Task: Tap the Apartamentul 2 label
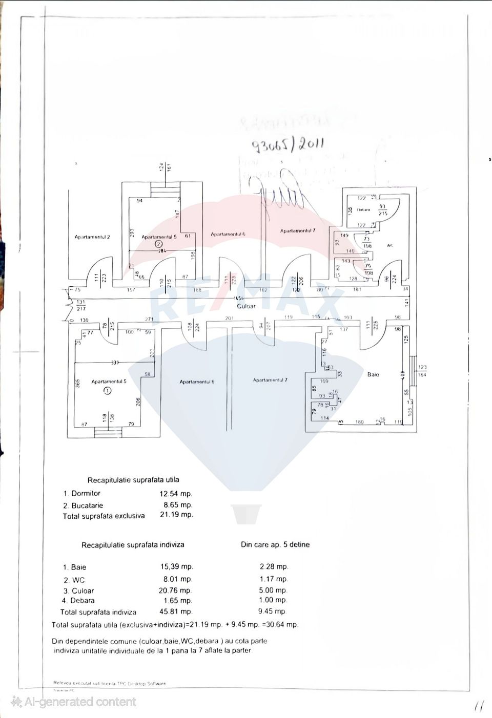pos(92,237)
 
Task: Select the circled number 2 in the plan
pos(159,245)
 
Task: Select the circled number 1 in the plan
pos(107,390)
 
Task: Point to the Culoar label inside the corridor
pos(246,306)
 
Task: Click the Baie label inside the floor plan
pos(373,375)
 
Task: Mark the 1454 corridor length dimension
pos(238,299)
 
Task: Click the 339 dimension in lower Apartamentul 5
pos(115,363)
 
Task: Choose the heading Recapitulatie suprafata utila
pos(133,480)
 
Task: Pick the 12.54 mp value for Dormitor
pos(176,494)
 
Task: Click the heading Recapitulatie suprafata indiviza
pos(133,545)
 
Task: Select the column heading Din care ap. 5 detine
pos(275,544)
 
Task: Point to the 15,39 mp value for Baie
pos(176,567)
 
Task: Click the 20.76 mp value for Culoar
pos(176,590)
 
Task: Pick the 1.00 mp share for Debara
pos(273,600)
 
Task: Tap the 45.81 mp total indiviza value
pos(176,611)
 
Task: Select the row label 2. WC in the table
pos(74,580)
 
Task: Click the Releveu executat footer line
pos(110,683)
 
